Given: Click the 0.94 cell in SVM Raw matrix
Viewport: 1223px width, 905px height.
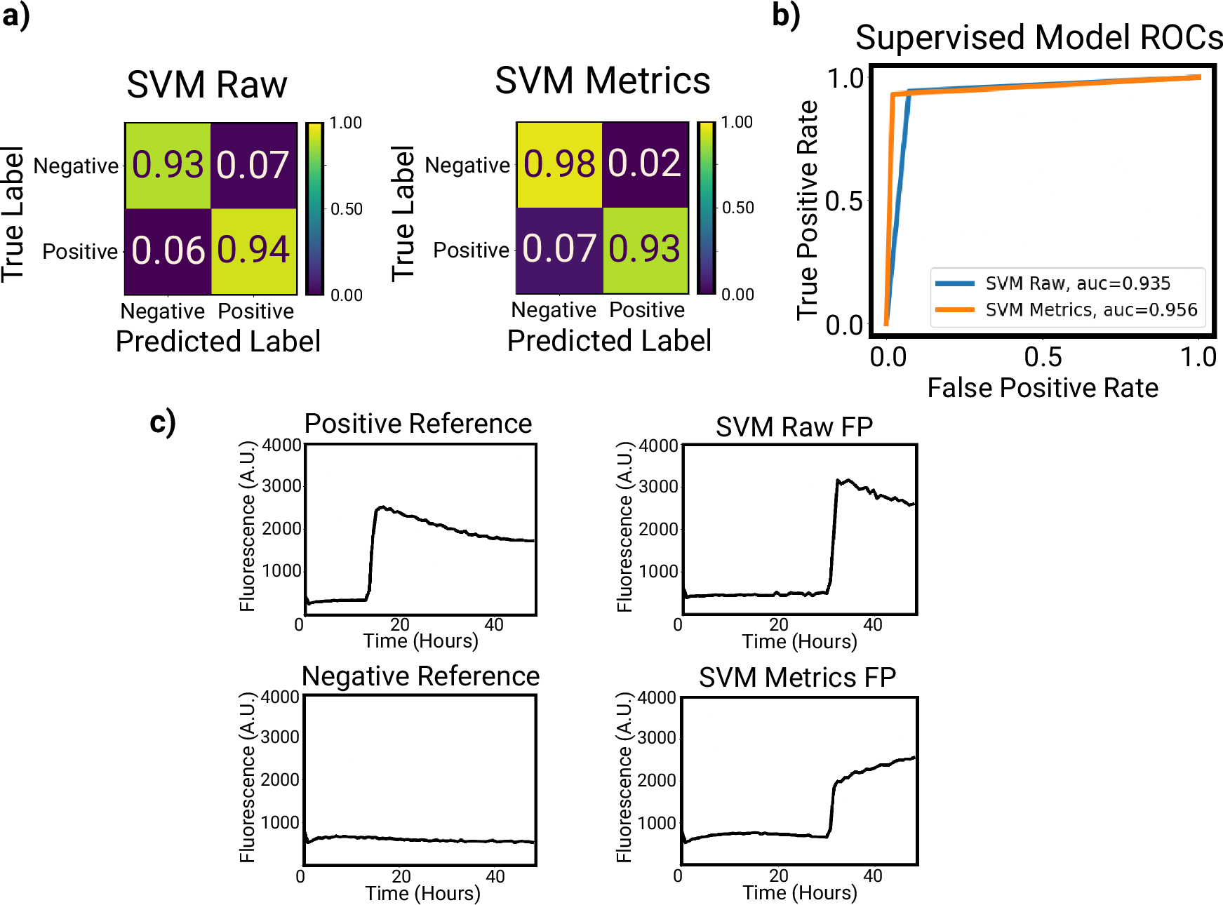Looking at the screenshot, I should [253, 250].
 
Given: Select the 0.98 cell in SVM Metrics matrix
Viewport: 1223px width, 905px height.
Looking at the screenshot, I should [559, 164].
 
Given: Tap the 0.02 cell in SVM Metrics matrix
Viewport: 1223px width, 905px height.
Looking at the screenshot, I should [645, 164].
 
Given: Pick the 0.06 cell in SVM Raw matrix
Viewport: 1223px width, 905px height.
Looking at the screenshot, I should [168, 250].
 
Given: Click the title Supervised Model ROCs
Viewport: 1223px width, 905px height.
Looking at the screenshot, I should [1038, 37].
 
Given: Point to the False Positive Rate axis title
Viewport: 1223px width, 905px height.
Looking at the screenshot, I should [1043, 388].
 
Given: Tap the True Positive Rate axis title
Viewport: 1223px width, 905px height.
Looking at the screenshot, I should [808, 210].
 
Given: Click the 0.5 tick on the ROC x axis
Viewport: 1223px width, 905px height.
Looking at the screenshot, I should [1043, 358].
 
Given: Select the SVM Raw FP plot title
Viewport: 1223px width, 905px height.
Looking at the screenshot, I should [794, 427].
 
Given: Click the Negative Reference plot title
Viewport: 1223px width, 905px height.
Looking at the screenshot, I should [420, 676].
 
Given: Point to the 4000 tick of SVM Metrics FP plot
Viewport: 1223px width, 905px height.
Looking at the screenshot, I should [657, 698].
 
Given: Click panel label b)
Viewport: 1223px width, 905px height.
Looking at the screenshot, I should [786, 15].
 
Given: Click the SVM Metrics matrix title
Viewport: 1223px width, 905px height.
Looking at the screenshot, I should [602, 81].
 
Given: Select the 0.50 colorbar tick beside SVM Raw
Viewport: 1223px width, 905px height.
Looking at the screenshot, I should [347, 209].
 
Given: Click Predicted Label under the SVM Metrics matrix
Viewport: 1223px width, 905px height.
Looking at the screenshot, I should [609, 341].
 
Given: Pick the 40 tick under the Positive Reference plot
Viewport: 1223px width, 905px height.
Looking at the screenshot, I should [494, 625].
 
